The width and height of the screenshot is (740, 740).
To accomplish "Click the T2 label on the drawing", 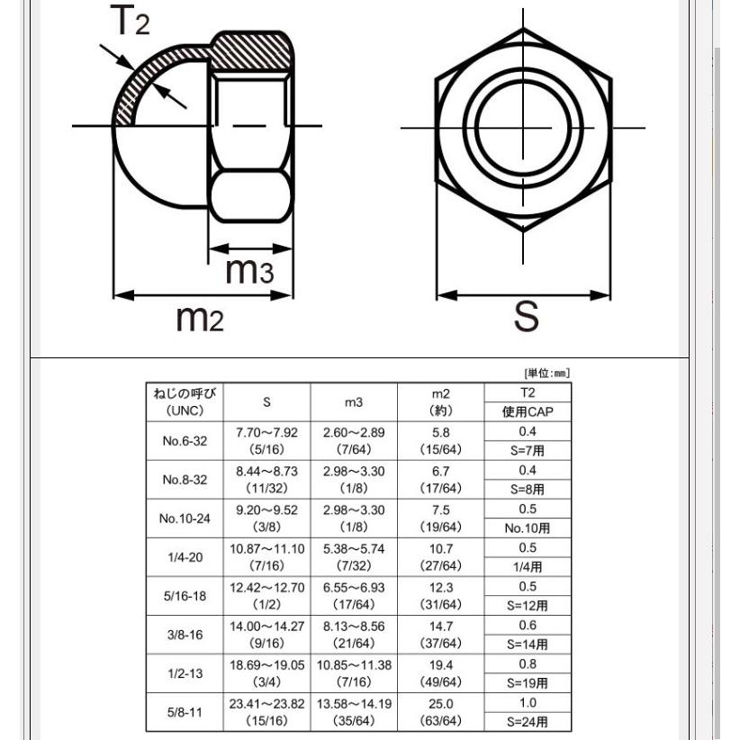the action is pyautogui.click(x=130, y=21).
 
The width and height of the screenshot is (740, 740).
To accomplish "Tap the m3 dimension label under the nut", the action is pyautogui.click(x=249, y=270).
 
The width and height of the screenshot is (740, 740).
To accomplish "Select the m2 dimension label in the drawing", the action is pyautogui.click(x=200, y=318).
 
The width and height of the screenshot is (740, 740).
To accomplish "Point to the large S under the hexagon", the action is pyautogui.click(x=527, y=315).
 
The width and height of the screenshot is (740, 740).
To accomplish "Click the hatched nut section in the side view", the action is pyautogui.click(x=251, y=52).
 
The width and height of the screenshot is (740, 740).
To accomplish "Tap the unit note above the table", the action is pyautogui.click(x=547, y=374).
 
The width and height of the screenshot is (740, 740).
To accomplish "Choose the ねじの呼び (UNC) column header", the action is pyautogui.click(x=185, y=402).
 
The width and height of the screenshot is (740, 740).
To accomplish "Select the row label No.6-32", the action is pyautogui.click(x=185, y=441).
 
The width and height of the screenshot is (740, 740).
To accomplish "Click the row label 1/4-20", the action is pyautogui.click(x=185, y=557).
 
